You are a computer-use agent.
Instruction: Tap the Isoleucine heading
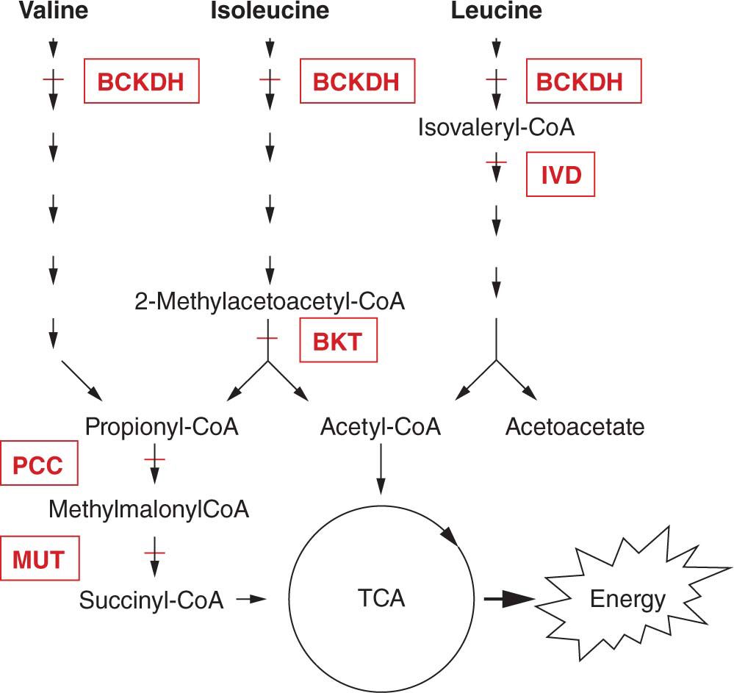[270, 11]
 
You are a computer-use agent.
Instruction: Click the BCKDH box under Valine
[141, 82]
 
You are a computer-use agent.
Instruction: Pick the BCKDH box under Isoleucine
[357, 82]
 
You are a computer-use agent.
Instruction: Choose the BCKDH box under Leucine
[583, 82]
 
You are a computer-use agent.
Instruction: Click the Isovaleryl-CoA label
[496, 128]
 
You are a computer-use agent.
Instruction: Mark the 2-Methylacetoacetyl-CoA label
[270, 301]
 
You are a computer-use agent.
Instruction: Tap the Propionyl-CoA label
[162, 427]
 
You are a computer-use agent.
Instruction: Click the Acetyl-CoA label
[381, 427]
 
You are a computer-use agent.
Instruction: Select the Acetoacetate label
[575, 427]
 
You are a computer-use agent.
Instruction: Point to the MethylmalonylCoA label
[149, 509]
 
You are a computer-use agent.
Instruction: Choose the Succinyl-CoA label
[151, 600]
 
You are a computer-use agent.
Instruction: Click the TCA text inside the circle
[380, 599]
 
